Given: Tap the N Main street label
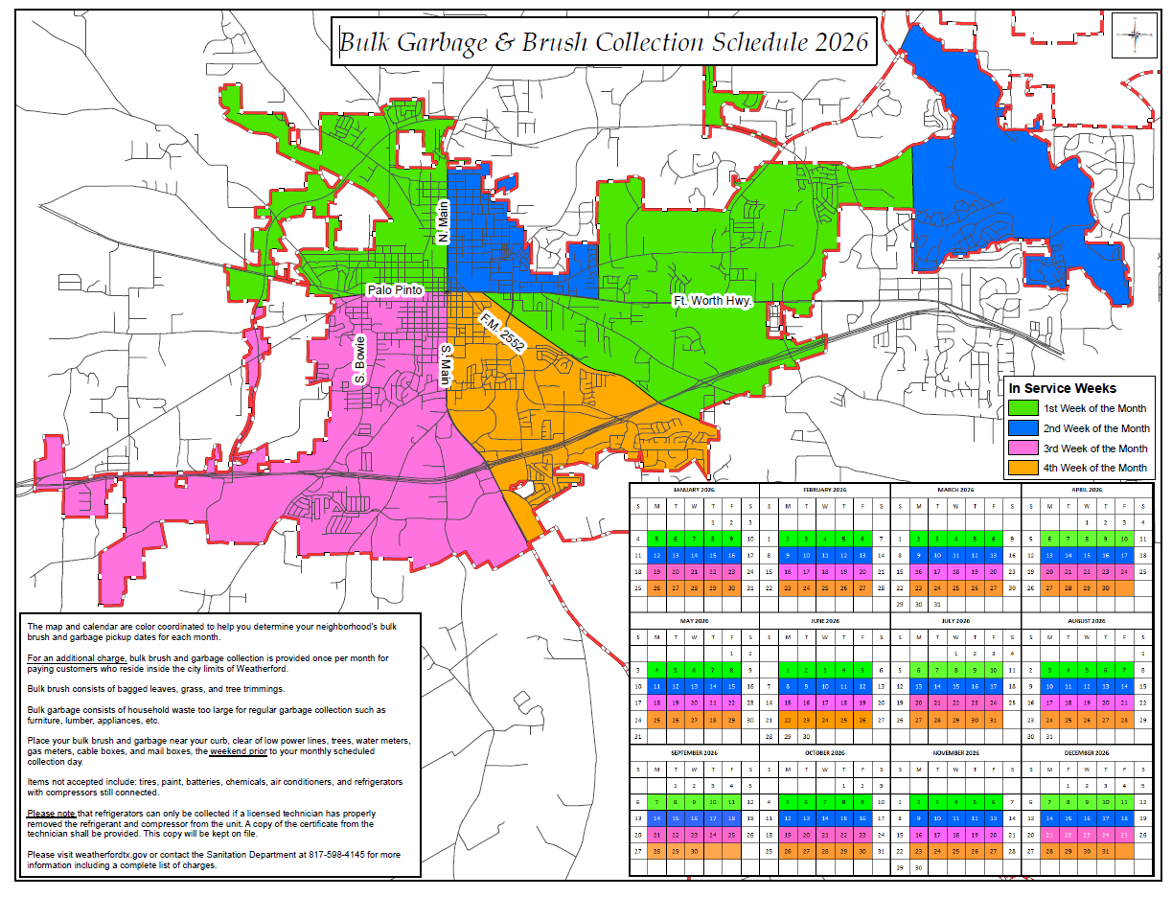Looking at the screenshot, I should [x=442, y=221].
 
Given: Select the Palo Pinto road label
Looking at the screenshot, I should [x=395, y=289].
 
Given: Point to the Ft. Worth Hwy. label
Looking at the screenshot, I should [x=712, y=301].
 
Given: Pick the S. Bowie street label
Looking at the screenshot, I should [x=360, y=360].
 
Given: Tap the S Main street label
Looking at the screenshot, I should [x=445, y=366].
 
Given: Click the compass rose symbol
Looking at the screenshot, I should [x=1135, y=37].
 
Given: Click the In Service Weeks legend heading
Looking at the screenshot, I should [x=1063, y=388].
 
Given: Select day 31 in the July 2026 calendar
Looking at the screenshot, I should [x=993, y=720].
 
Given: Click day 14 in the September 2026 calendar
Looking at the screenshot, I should [x=656, y=818].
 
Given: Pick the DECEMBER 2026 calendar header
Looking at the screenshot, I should [x=1086, y=752].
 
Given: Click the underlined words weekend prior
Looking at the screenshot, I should [x=239, y=752].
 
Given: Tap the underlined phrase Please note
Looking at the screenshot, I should [x=51, y=814].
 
